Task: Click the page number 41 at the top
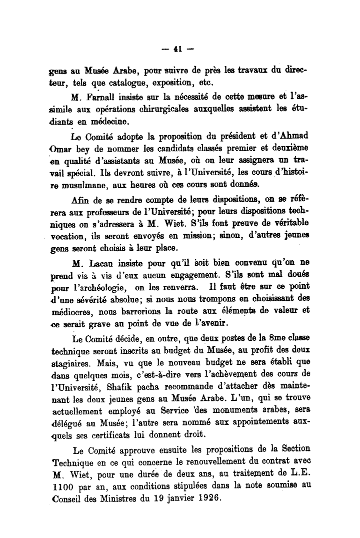pyautogui.click(x=176, y=49)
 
